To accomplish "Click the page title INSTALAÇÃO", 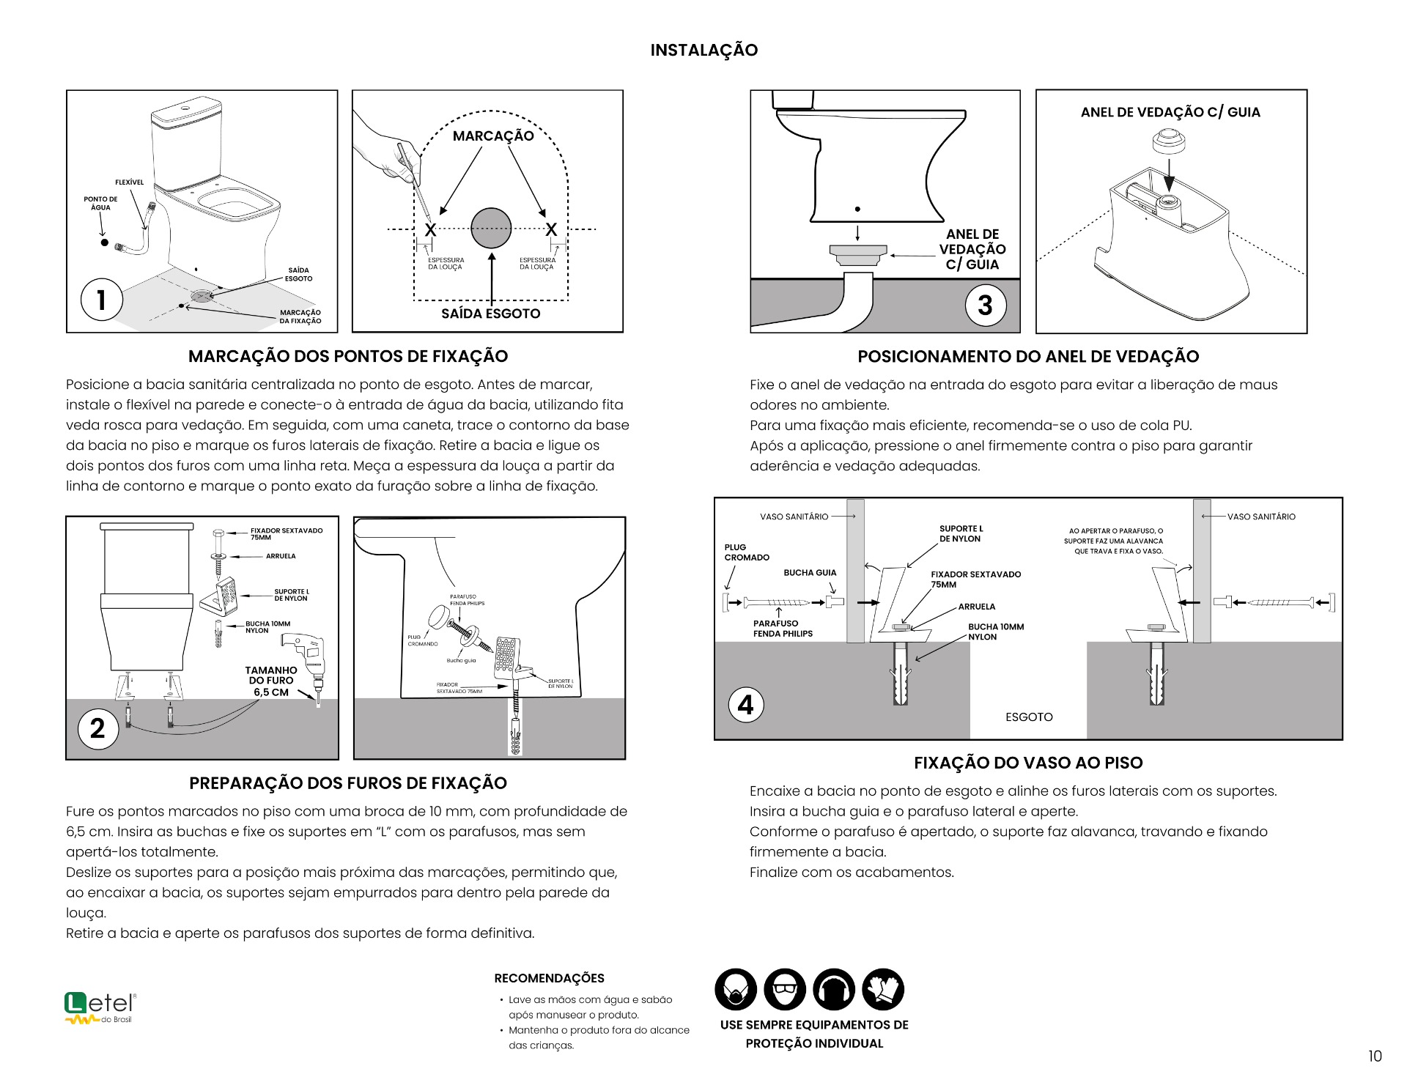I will point(703,50).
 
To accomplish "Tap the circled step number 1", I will point(101,300).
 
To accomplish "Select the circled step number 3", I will point(985,305).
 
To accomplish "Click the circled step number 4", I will point(745,705).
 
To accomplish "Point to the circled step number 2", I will point(97,728).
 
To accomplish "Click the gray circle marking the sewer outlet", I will point(490,229).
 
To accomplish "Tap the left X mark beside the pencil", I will point(430,230).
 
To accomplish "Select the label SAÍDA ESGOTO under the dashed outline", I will point(490,314).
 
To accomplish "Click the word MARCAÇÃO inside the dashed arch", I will point(492,136).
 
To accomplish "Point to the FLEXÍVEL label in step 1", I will point(129,182).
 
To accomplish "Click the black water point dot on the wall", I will point(105,243).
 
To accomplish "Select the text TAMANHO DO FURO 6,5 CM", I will point(270,681).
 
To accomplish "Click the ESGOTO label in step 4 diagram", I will point(1028,717).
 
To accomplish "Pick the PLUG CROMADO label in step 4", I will point(746,552).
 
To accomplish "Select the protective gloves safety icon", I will point(883,989).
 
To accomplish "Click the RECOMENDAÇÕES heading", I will point(549,978).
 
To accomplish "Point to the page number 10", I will point(1374,1056).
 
